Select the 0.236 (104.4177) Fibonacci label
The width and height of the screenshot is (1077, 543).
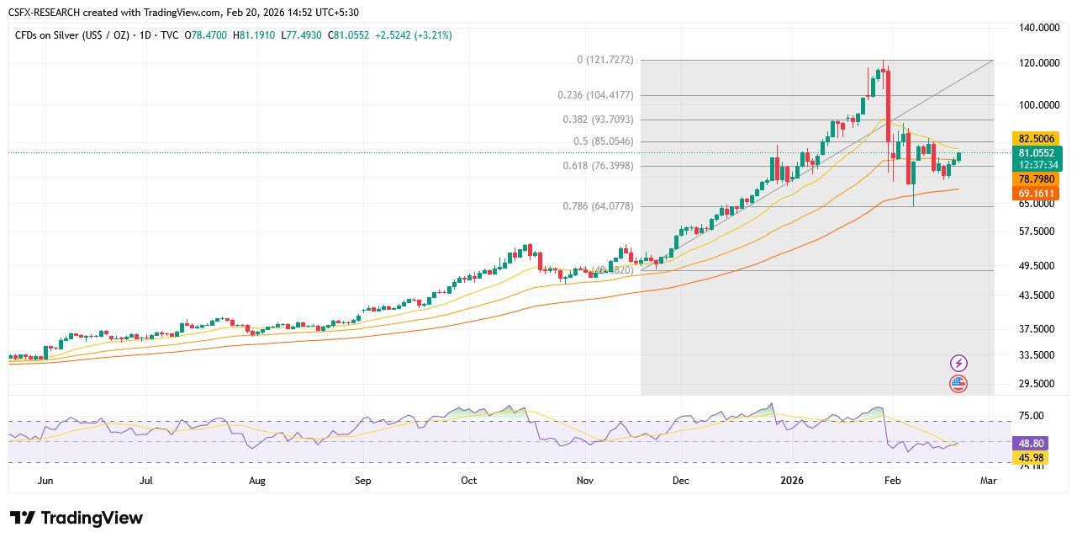pos(595,95)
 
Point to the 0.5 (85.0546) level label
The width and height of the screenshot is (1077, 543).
pos(604,141)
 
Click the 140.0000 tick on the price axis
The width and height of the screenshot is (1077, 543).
pos(1038,28)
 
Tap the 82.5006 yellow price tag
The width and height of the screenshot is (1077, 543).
pos(1036,139)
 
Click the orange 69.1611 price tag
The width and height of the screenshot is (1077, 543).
pos(1036,194)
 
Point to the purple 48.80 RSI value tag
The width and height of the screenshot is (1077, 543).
pos(1031,443)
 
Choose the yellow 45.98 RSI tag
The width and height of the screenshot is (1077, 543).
pos(1031,458)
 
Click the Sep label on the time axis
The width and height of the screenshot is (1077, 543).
pos(362,481)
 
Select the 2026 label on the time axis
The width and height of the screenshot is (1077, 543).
pos(792,481)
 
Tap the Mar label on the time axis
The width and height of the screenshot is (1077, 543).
pos(988,481)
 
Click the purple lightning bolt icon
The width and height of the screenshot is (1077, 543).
pos(958,363)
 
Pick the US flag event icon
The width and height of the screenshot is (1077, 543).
pos(958,384)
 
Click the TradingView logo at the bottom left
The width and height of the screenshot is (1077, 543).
pos(77,518)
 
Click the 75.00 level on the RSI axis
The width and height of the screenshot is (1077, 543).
pos(1031,416)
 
